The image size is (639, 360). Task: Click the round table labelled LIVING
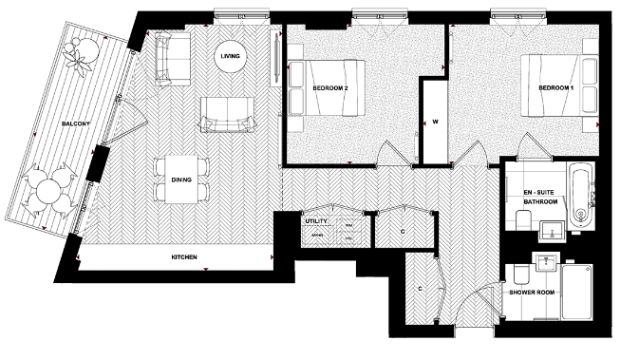(x=231, y=56)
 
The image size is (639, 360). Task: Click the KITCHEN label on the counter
(x=184, y=257)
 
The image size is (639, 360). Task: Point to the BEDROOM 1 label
(x=557, y=87)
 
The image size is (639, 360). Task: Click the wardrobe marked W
(x=434, y=122)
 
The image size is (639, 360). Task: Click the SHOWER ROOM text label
(x=531, y=292)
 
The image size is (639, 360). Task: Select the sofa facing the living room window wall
(x=225, y=113)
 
